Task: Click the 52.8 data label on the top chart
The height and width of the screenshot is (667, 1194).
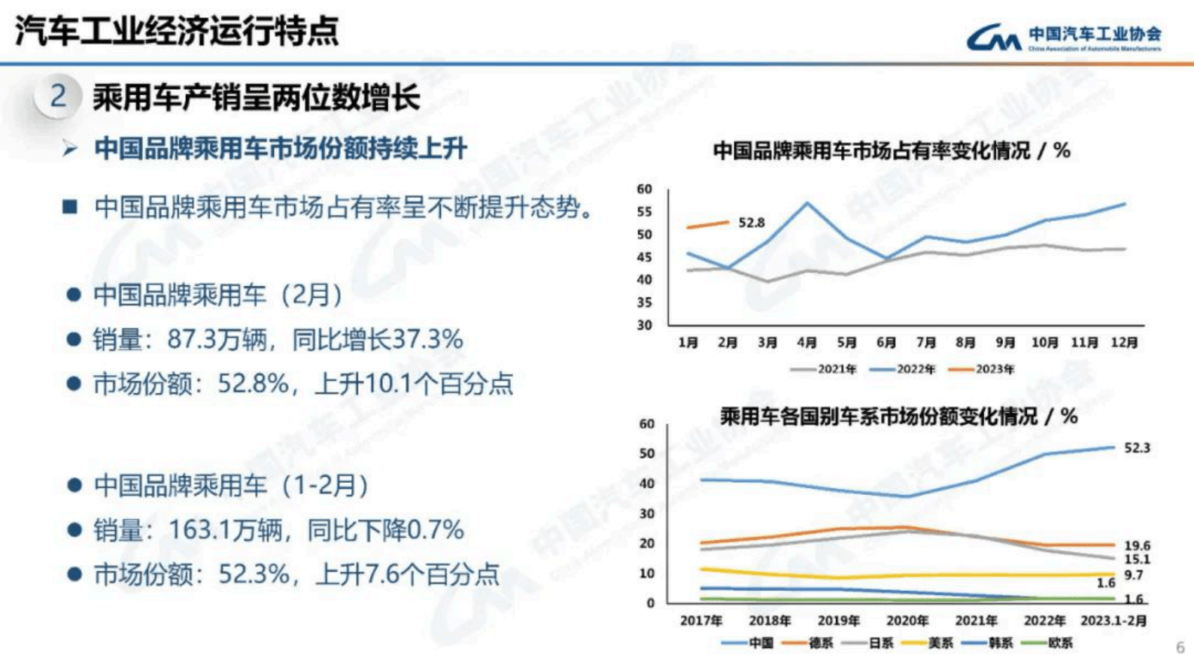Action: pos(751,223)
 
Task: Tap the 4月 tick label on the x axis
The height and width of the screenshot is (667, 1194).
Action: pos(807,343)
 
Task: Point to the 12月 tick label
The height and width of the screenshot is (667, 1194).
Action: pos(1124,343)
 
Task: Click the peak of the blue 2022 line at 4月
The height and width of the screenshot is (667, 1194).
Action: pos(807,203)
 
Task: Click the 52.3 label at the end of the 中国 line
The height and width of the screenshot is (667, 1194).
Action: pos(1137,448)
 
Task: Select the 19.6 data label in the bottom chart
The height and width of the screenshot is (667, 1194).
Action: pos(1137,546)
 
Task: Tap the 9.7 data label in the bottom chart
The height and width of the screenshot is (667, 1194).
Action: pos(1134,575)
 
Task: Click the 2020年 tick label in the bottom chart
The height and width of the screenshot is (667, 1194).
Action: pos(907,621)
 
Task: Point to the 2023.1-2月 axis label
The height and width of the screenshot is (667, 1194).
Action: pos(1113,621)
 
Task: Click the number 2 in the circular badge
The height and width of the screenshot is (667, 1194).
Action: pos(58,96)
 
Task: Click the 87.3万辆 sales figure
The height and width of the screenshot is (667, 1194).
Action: pos(217,340)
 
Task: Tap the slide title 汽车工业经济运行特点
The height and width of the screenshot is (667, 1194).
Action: pos(178,32)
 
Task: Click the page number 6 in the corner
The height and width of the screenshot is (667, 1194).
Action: pos(1180,647)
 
